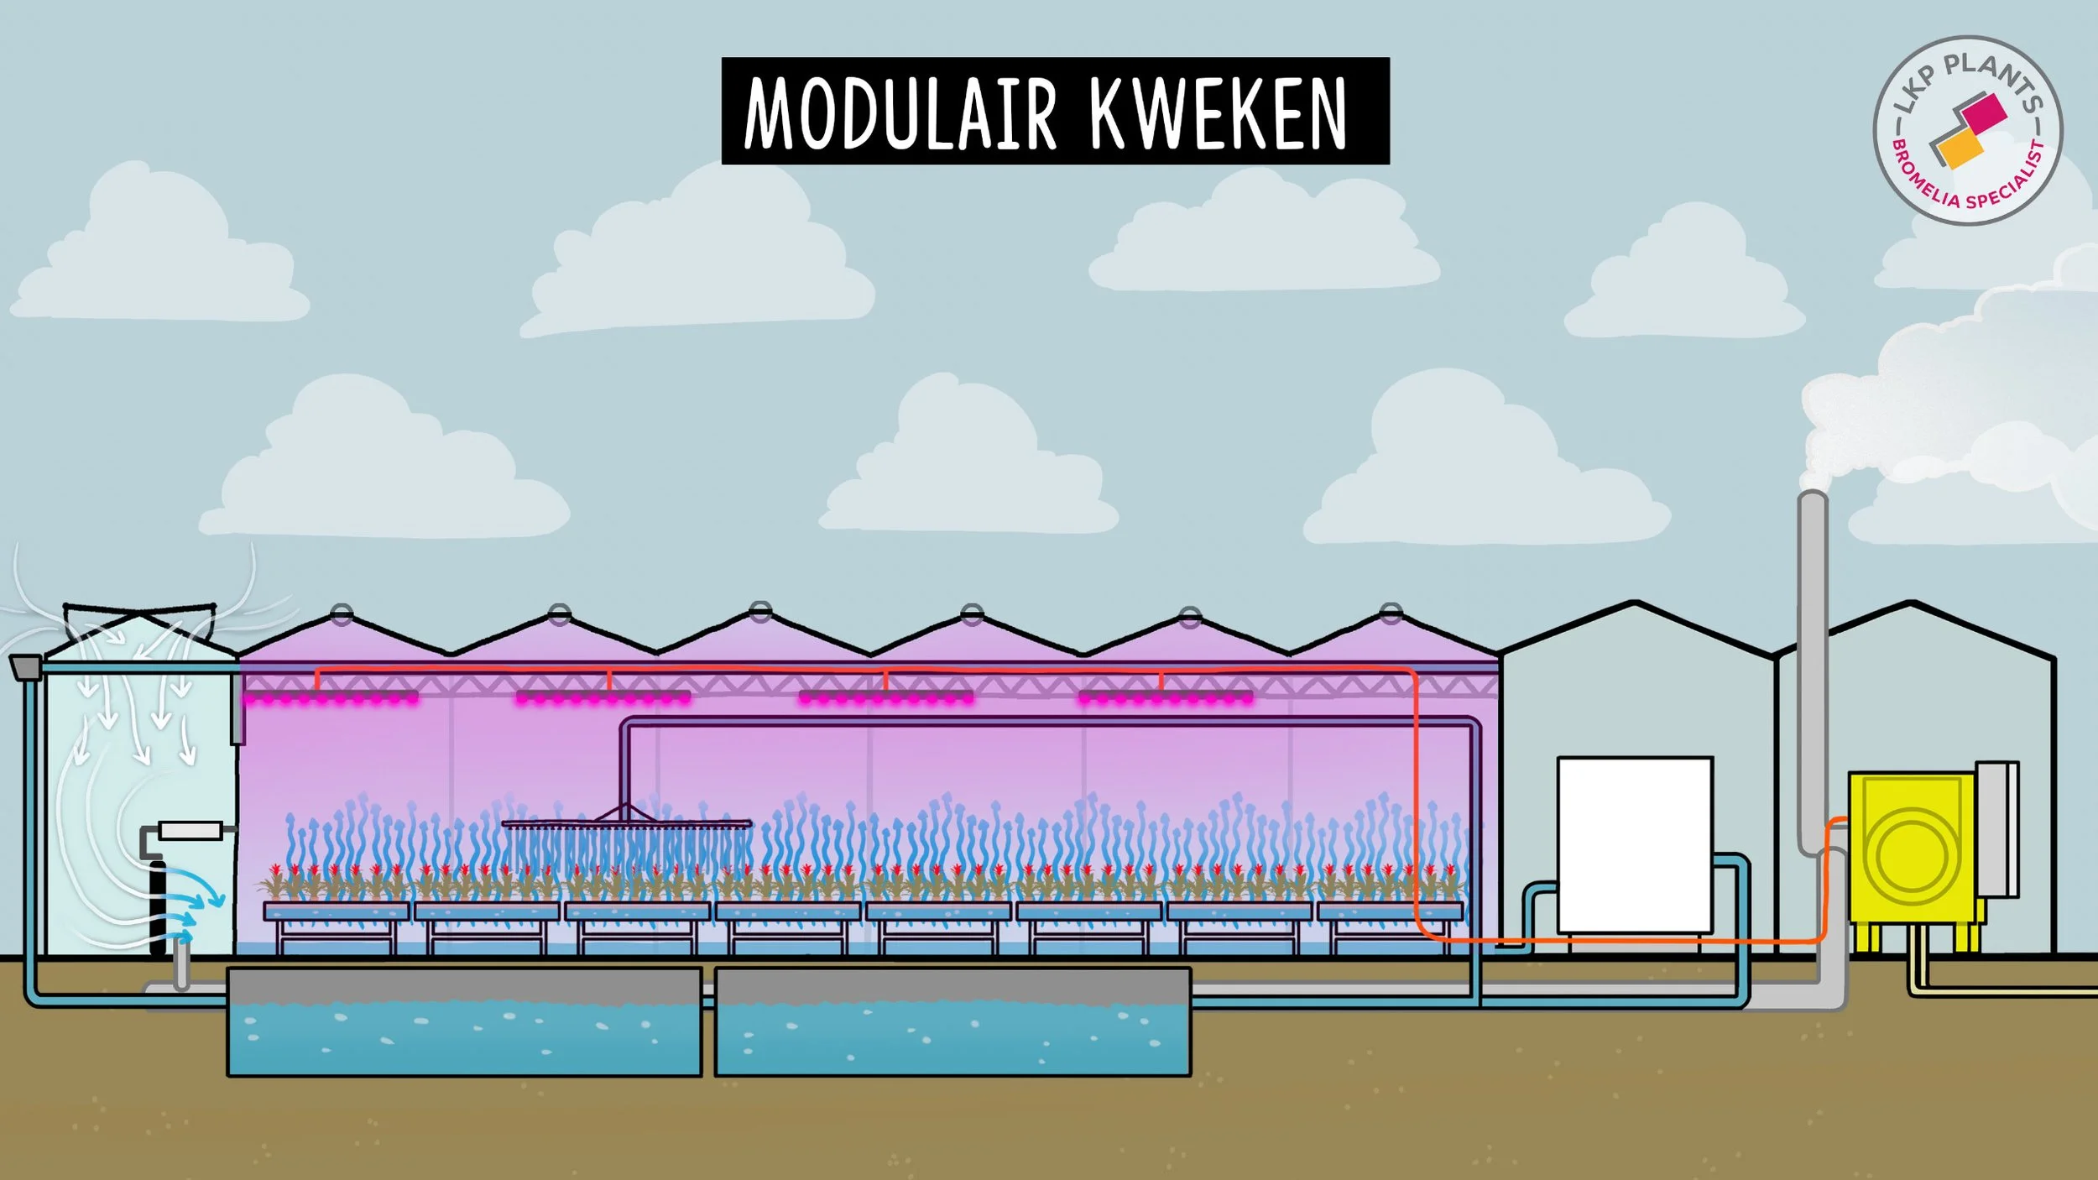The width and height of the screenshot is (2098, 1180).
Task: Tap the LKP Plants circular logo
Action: [1967, 130]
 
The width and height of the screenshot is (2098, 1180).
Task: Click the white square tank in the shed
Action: [1635, 843]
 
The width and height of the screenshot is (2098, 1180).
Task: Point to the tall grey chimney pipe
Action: [1813, 671]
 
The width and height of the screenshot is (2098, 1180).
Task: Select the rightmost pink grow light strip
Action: [1166, 697]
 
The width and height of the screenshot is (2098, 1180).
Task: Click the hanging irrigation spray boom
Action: [626, 823]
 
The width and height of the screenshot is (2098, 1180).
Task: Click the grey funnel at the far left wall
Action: [25, 666]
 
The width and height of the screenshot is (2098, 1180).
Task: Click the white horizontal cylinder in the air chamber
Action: [190, 831]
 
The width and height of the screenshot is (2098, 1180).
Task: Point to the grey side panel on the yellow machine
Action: [1997, 831]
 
